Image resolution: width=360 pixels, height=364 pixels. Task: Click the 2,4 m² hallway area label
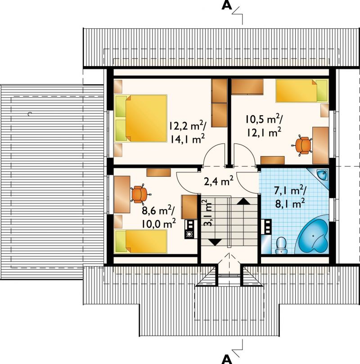click(219, 181)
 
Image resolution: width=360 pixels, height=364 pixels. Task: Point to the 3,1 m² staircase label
click(208, 213)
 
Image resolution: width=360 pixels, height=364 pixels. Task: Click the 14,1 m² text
click(188, 139)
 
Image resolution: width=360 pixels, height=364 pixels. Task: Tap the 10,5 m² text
click(264, 120)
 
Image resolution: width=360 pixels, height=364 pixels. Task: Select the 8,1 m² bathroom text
click(290, 204)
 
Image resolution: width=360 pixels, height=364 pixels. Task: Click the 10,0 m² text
click(159, 224)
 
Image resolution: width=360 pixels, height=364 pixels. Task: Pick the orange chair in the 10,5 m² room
click(302, 145)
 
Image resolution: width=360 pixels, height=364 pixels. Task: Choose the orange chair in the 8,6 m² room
click(139, 194)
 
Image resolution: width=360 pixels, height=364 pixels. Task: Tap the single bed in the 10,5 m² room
click(302, 91)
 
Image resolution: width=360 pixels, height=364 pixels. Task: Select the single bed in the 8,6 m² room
click(141, 242)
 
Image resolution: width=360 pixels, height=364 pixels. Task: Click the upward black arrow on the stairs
click(243, 201)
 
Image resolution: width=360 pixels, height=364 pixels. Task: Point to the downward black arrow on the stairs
click(216, 242)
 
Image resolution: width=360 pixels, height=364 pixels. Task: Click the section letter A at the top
click(226, 5)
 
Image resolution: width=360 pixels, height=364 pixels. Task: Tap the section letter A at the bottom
click(226, 359)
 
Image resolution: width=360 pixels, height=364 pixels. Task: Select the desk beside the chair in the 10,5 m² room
click(320, 145)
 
